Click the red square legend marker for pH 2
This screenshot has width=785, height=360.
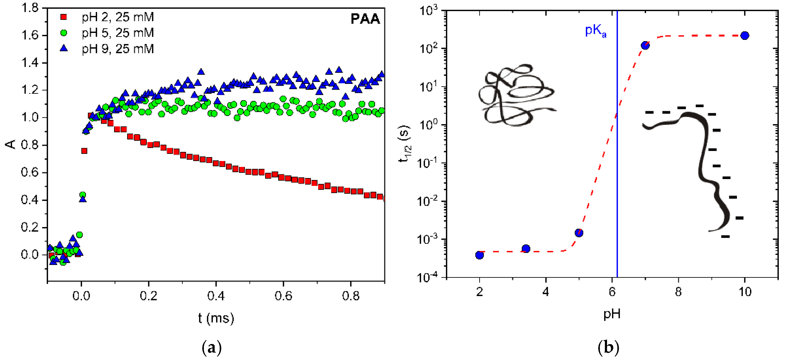point(64,17)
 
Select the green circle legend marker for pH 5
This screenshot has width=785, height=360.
point(64,33)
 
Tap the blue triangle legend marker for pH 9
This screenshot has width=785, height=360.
point(64,48)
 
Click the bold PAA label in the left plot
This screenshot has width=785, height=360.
point(365,19)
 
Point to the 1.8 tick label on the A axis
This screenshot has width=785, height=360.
point(30,8)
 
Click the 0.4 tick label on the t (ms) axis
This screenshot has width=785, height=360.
point(216,296)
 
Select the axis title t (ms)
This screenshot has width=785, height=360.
point(216,318)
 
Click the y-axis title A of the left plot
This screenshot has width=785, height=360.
point(11,144)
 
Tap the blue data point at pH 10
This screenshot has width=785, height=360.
point(744,36)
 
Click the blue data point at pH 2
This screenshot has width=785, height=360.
point(479,255)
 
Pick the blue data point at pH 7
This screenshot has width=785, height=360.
point(645,45)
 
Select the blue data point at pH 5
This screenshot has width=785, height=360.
point(579,233)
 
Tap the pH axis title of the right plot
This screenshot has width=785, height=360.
point(612,314)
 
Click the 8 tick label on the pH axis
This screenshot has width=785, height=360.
point(678,292)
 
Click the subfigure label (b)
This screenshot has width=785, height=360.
point(608,348)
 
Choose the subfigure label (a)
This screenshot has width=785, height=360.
point(212,348)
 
